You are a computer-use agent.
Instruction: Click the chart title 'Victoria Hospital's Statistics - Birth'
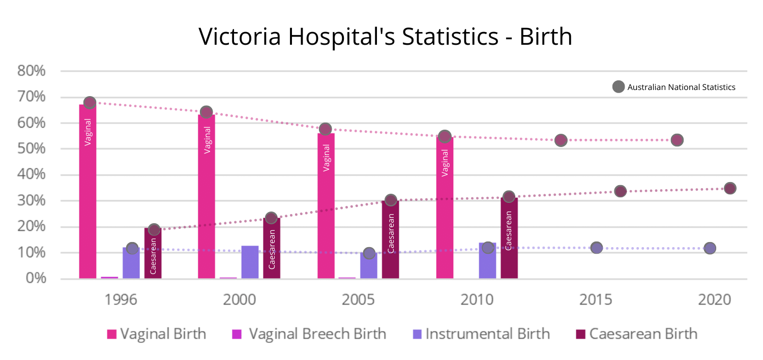click(x=385, y=37)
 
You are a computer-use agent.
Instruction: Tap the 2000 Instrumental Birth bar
click(x=250, y=262)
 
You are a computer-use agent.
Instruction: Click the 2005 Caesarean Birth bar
click(x=390, y=239)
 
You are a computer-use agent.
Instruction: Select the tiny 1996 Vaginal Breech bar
click(x=109, y=278)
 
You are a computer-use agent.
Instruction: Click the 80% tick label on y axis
click(x=32, y=71)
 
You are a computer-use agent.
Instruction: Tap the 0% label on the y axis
click(x=36, y=279)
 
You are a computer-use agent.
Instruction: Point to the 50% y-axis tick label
click(x=32, y=149)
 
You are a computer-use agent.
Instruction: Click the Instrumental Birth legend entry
click(x=481, y=334)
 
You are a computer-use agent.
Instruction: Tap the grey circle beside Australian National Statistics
click(x=618, y=87)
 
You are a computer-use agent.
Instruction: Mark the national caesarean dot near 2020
click(x=730, y=188)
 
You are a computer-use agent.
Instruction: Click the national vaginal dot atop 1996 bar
click(x=90, y=103)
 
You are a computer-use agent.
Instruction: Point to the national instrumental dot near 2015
click(x=597, y=248)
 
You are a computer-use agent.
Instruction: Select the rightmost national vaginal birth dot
click(x=677, y=140)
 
